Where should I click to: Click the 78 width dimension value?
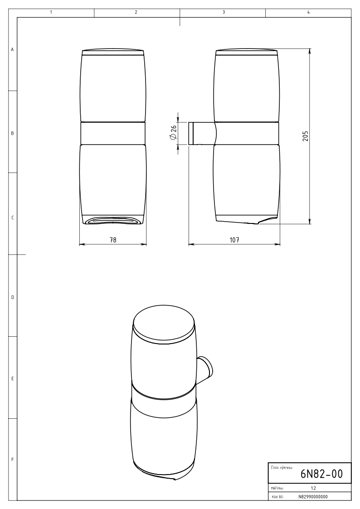tap(113, 240)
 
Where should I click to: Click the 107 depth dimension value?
tap(234, 240)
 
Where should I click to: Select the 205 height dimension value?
tap(305, 136)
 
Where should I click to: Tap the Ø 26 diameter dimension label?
tap(173, 133)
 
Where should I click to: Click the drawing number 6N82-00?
tap(321, 474)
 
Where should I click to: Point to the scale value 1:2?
tap(313, 488)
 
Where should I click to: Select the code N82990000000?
tap(313, 497)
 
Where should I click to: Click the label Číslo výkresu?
tap(282, 467)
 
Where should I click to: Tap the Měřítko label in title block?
tap(277, 488)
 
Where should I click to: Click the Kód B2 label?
tap(277, 497)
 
